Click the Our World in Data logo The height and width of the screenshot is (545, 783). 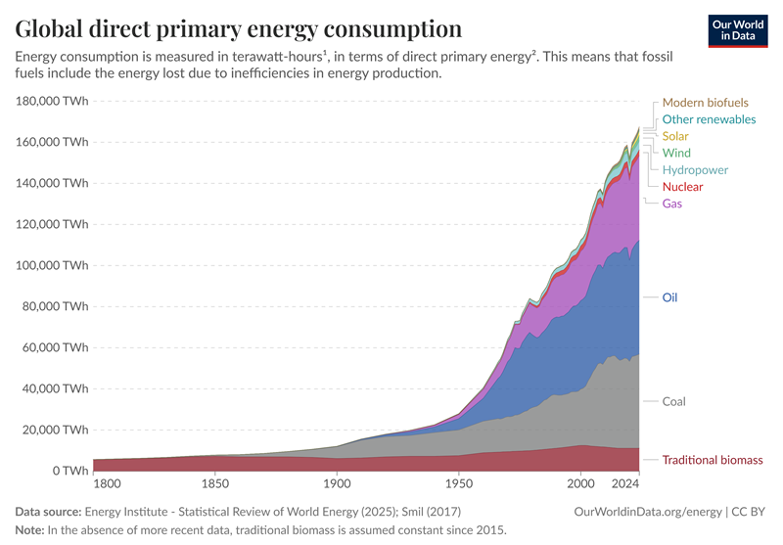click(x=737, y=29)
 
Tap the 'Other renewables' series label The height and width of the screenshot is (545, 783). click(x=709, y=119)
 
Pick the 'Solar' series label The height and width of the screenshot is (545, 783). click(x=675, y=136)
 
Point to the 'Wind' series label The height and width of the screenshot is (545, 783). click(x=676, y=153)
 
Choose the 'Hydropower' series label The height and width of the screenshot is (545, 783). click(x=695, y=170)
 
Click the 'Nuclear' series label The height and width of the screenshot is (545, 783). click(x=682, y=187)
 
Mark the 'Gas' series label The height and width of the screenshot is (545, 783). click(x=672, y=204)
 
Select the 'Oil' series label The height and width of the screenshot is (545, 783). click(x=670, y=297)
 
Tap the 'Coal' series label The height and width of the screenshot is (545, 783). click(x=674, y=401)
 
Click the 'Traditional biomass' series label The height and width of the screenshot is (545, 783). click(x=712, y=460)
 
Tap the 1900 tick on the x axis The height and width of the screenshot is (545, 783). click(x=337, y=484)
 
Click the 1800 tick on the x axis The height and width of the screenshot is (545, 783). click(x=107, y=484)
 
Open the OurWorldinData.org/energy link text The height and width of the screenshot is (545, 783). click(x=647, y=511)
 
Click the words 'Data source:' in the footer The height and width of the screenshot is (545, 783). click(x=48, y=511)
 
